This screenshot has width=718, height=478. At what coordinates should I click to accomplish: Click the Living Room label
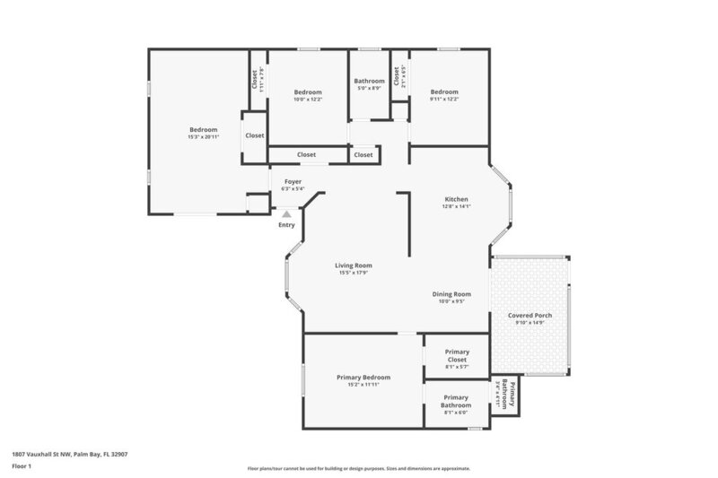[354, 265]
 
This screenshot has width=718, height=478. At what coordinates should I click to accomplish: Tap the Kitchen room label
[457, 199]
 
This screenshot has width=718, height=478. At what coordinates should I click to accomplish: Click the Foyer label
[293, 182]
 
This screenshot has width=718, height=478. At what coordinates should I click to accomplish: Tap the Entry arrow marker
[286, 214]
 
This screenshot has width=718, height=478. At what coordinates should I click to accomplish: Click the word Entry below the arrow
[286, 224]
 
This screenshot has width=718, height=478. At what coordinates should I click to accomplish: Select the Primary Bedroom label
[362, 377]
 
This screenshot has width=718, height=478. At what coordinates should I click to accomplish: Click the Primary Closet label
[456, 355]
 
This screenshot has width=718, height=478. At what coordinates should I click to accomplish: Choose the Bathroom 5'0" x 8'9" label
[369, 81]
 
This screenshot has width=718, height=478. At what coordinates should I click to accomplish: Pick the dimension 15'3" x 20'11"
[203, 137]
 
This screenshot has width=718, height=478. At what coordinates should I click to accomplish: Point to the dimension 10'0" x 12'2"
[308, 100]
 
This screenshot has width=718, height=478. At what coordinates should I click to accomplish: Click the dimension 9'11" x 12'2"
[443, 100]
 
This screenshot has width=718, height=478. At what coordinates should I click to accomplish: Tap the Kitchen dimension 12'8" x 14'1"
[457, 206]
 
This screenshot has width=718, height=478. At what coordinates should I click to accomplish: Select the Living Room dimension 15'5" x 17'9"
[354, 273]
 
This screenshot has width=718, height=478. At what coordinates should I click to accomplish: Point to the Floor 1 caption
[23, 465]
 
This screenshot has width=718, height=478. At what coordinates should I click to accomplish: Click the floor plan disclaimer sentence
[358, 468]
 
